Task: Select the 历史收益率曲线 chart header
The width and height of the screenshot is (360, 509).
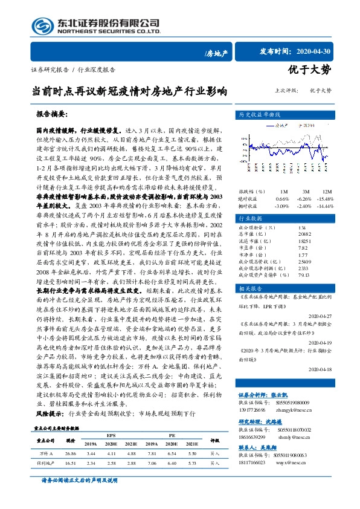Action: [x=259, y=114]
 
